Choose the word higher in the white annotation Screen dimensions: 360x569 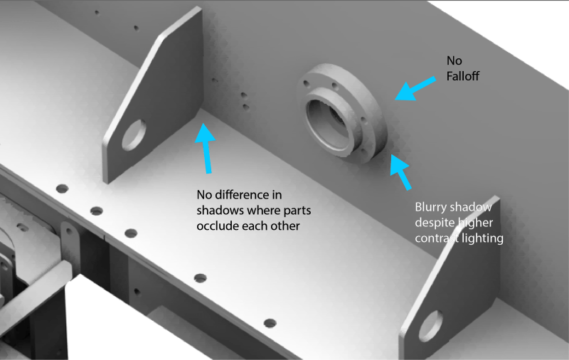(474, 223)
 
